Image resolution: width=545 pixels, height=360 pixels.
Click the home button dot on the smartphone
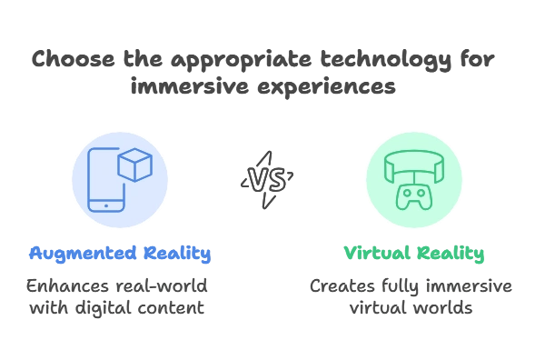click(x=108, y=205)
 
